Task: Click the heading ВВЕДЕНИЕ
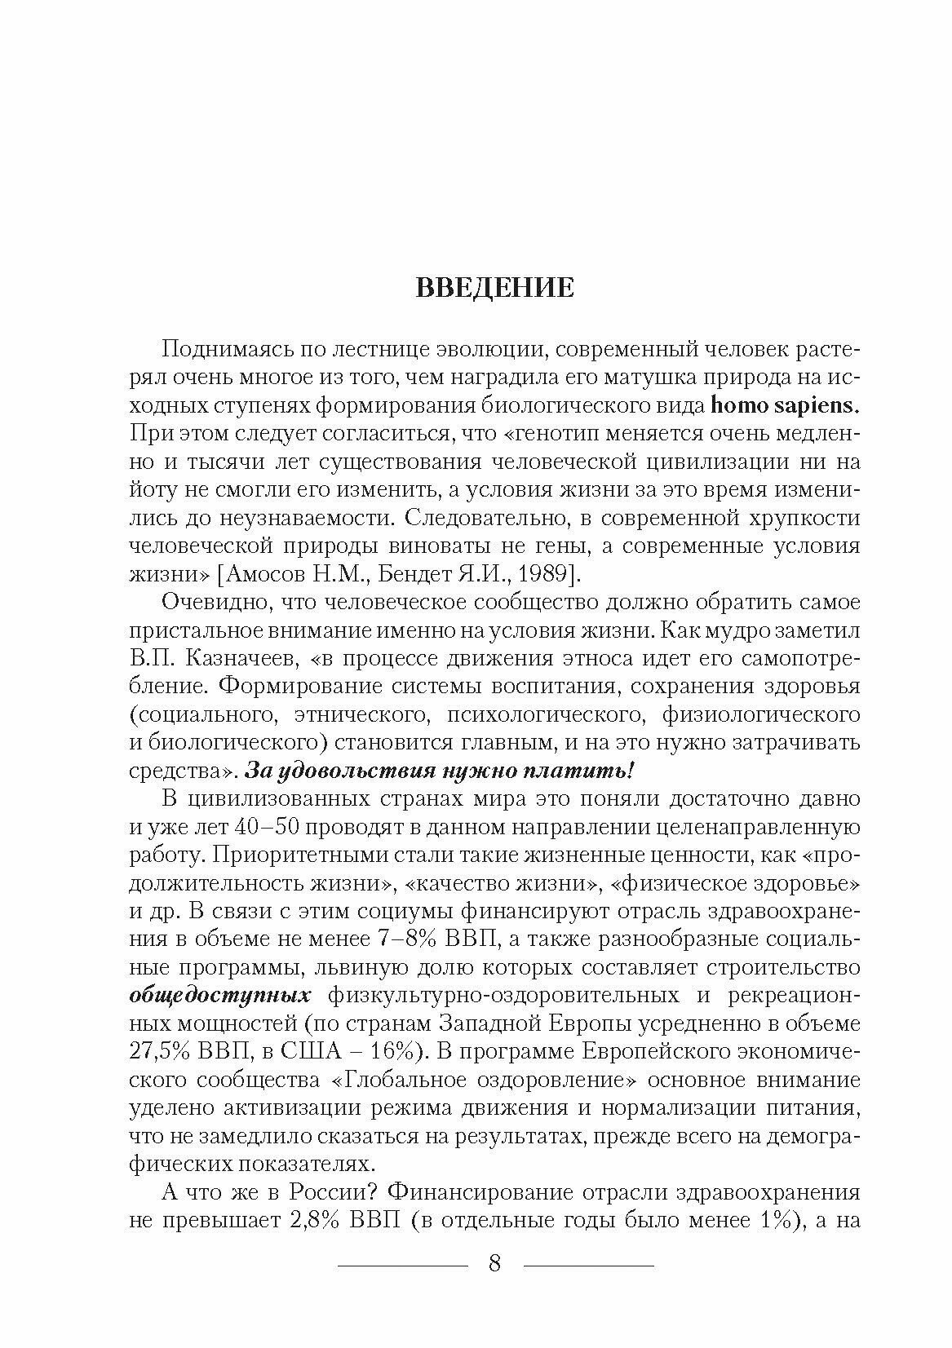point(494,289)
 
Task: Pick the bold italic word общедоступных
point(220,997)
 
